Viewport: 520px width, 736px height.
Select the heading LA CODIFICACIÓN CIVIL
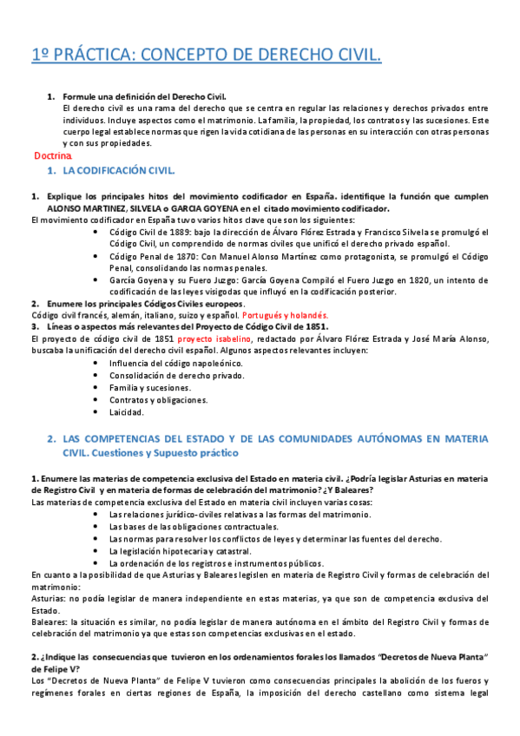tap(117, 170)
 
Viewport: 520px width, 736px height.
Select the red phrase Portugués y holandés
tap(282, 315)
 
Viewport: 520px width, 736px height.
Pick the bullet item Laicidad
tap(126, 412)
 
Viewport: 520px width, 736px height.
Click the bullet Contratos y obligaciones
tap(158, 400)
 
